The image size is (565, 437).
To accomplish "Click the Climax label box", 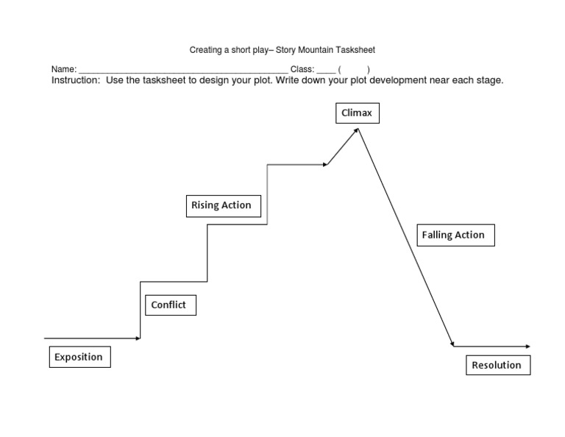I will coord(358,113).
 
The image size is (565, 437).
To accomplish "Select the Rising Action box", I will coord(221,206).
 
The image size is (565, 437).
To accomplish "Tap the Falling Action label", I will coord(453,235).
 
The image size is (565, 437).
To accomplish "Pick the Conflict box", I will coord(168,305).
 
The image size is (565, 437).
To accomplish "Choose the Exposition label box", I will coord(79,358).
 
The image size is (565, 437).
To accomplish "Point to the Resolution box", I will coord(497,365).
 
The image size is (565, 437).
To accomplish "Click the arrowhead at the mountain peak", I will coord(358,129).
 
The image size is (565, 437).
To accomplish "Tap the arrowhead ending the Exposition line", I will coord(138,338).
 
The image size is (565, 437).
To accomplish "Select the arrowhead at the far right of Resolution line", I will coord(527,346).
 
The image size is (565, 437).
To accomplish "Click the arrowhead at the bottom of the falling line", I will coord(452,344).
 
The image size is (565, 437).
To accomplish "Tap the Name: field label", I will coord(64,69).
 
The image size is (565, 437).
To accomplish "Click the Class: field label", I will coord(302,69).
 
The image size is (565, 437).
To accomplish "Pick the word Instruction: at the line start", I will coord(76,80).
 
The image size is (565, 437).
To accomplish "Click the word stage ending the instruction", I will coord(489,80).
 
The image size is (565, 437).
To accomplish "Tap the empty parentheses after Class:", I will coord(354,69).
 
